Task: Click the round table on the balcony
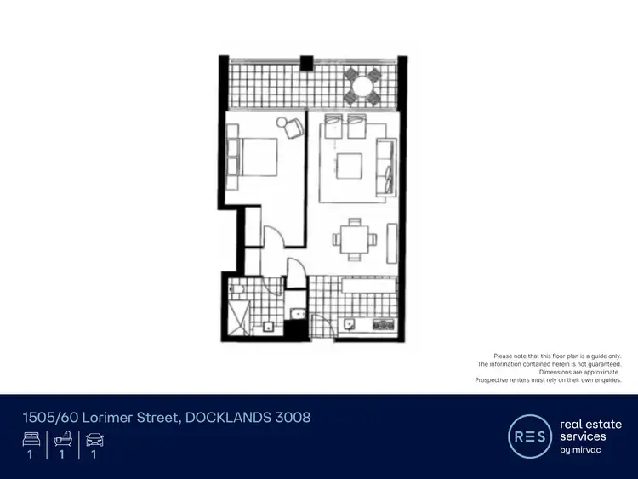pos(362,85)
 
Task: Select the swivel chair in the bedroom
pos(292,128)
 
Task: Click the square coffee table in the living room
pos(349,165)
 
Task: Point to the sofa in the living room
pos(387,163)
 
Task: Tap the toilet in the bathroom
pos(237,295)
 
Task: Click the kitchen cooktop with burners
pos(380,324)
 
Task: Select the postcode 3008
pos(292,418)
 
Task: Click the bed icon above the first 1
pos(30,440)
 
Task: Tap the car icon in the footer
pos(94,440)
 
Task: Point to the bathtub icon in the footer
pos(62,440)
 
